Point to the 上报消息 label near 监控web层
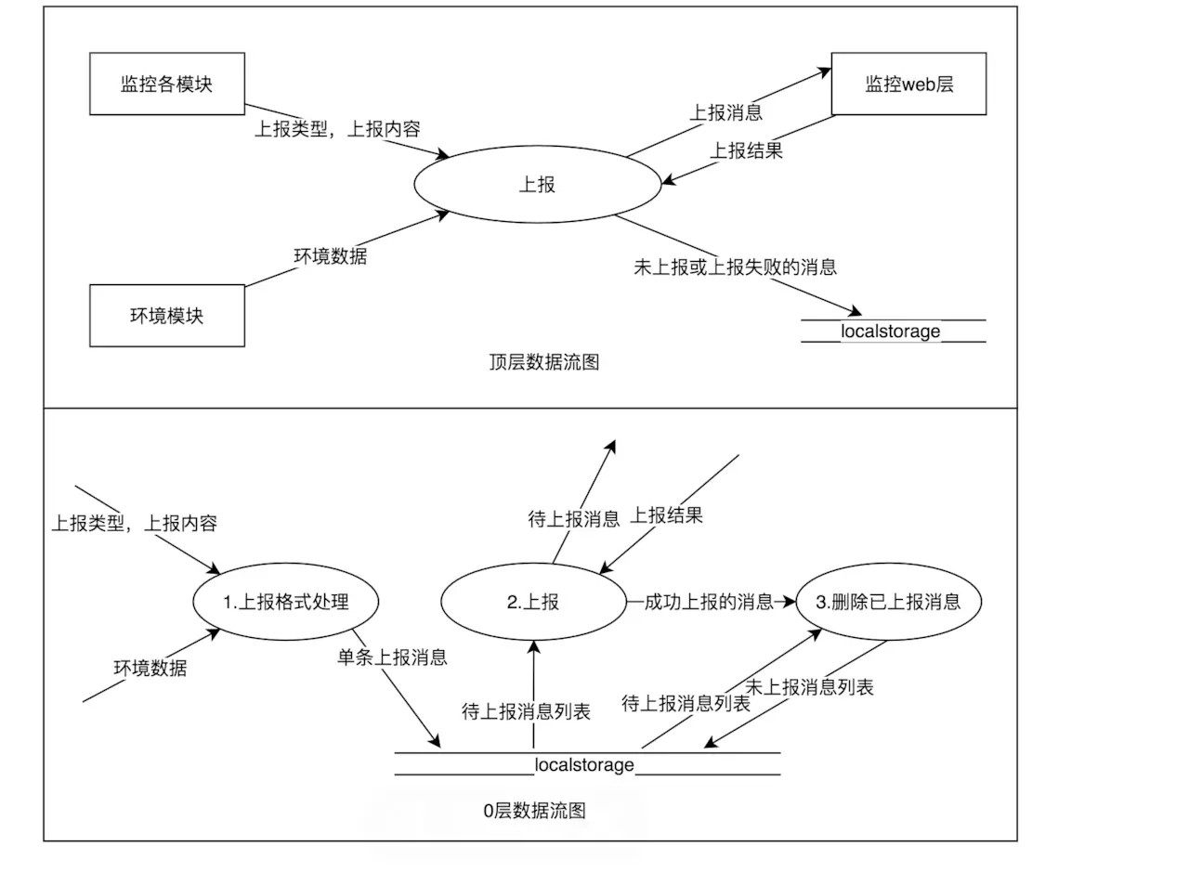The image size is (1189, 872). tap(725, 112)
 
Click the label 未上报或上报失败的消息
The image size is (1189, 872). tap(735, 267)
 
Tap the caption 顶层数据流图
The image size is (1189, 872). tap(544, 362)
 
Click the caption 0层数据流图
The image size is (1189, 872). tap(534, 811)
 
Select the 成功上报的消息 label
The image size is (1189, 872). tap(709, 602)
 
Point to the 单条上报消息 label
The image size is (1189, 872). tap(392, 657)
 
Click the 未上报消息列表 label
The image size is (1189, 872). tap(809, 687)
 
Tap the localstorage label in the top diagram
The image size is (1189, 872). tap(890, 332)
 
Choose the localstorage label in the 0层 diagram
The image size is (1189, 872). tap(584, 765)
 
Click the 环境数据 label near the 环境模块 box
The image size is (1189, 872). tap(330, 256)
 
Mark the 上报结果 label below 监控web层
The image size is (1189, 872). tap(746, 150)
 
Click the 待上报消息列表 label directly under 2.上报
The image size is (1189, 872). tap(526, 711)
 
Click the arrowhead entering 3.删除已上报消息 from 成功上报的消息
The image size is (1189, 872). tap(790, 602)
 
